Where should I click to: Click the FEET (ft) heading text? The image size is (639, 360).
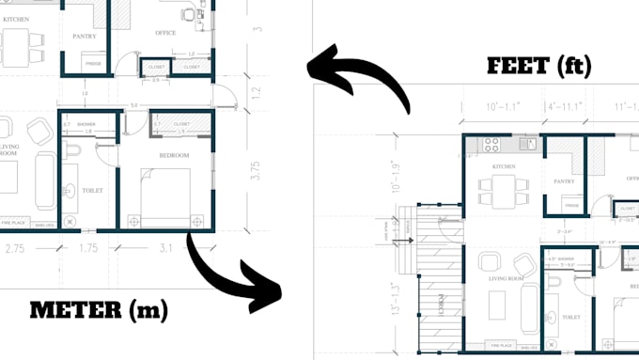point(539,66)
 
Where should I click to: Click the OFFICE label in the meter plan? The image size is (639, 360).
point(165,33)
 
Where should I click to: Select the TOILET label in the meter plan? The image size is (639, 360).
point(92,190)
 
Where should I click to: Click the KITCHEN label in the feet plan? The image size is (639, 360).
point(504,166)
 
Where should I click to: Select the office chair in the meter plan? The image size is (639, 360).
point(189,14)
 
